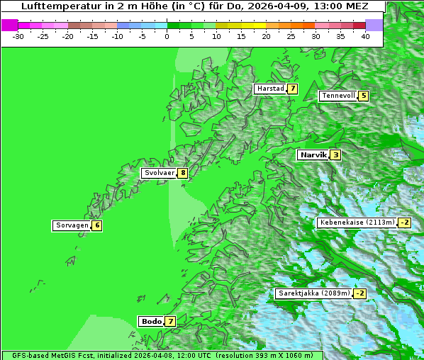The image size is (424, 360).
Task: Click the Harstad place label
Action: point(270,89)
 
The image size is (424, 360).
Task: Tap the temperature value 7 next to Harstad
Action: point(291,89)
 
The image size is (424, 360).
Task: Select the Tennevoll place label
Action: point(338,96)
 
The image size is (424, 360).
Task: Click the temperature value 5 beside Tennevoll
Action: point(364,96)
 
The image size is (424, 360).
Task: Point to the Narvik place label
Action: point(313,154)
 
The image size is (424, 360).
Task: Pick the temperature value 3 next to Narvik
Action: point(335,154)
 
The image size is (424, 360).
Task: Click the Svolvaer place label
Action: point(159,173)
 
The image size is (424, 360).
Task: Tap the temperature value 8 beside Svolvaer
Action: point(182,173)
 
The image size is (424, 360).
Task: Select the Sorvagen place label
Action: point(72,225)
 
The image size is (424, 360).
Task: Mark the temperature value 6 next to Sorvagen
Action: point(96,225)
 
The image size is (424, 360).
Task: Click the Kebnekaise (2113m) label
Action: point(357,223)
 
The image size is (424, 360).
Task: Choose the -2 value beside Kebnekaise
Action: point(404,223)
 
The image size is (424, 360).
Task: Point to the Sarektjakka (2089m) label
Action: point(313,293)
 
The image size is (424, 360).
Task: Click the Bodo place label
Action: point(151,321)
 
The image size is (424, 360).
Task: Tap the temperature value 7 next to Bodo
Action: point(170,321)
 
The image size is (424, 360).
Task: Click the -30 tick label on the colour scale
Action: point(18,35)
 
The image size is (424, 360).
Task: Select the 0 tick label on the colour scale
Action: point(167,35)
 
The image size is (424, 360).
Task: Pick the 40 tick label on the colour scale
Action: point(365,35)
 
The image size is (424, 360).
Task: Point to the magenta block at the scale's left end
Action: point(9,25)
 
